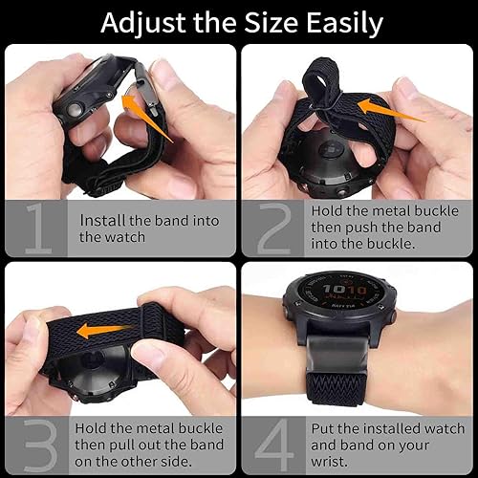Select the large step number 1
pyautogui.click(x=39, y=228)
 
